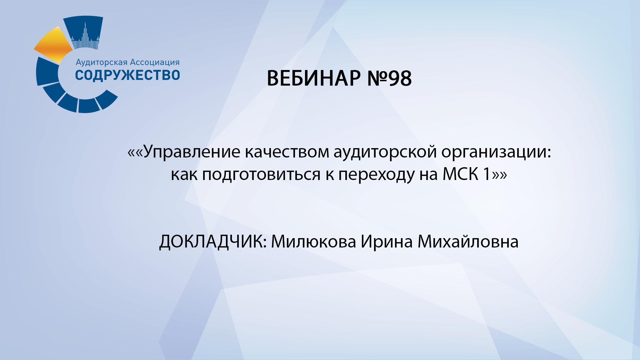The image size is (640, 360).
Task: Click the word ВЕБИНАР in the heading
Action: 313,78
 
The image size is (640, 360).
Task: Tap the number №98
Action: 389,78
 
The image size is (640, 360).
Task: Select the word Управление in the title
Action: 192,152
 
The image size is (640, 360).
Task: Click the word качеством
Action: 287,152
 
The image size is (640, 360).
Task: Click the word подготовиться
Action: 261,174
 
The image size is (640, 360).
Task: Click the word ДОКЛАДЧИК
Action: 213,242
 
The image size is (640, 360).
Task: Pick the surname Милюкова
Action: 313,242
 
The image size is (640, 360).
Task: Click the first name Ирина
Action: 387,242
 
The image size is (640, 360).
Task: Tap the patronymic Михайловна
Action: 468,242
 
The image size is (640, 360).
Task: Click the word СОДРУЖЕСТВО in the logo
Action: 127,75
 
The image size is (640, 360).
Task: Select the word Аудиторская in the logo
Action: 102,62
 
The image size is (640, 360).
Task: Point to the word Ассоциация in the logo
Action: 155,62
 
